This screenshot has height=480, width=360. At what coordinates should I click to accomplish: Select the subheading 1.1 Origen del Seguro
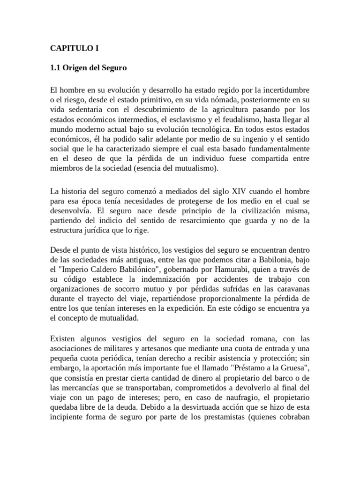tap(89, 68)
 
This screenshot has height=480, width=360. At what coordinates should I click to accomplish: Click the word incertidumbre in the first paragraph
tap(285, 89)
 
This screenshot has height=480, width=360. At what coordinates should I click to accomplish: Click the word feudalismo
tap(225, 120)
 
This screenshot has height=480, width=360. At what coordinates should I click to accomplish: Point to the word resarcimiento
tap(193, 221)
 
